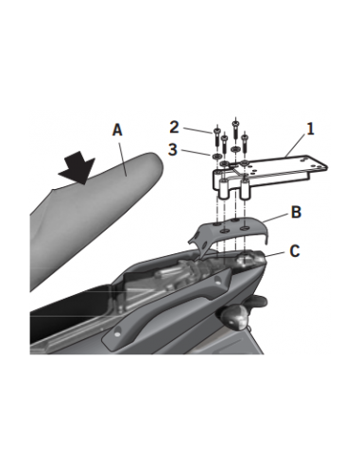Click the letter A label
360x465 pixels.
117,130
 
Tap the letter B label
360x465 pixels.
296,212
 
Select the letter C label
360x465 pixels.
295,251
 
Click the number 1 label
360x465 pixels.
311,129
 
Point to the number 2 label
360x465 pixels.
174,128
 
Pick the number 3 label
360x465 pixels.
173,149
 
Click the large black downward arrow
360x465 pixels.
77,167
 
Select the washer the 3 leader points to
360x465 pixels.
215,156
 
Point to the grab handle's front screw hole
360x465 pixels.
116,333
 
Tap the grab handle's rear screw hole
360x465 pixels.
217,280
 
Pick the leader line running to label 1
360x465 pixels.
295,146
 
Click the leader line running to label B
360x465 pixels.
275,217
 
